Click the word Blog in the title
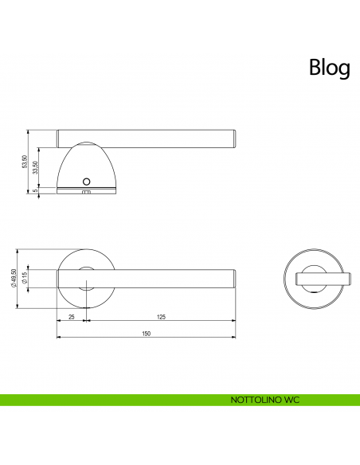329,68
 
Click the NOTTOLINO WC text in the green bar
264,399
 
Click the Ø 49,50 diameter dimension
14,279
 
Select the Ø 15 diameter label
25,279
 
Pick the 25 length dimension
72,318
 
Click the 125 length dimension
161,318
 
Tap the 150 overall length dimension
146,334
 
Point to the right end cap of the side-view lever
233,138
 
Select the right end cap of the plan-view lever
233,278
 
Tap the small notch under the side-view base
87,193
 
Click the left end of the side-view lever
60,138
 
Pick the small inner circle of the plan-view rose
88,278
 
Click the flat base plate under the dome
88,189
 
